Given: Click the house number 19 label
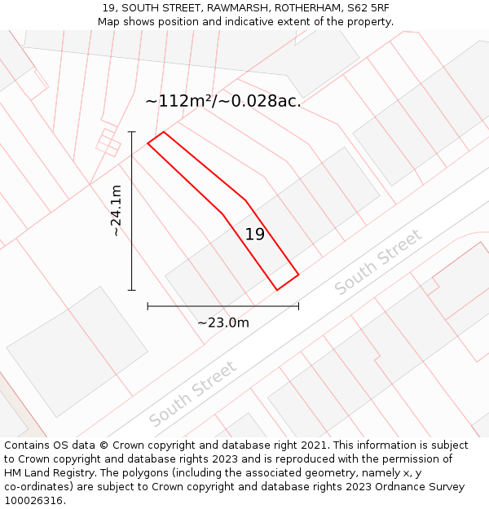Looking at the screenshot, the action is click(255, 235).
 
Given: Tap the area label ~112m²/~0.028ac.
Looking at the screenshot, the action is click(222, 101).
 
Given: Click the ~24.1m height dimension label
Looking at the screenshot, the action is click(117, 211).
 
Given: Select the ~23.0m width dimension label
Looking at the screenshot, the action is click(223, 323).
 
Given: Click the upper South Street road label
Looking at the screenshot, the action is click(378, 262).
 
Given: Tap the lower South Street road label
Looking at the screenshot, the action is click(193, 393).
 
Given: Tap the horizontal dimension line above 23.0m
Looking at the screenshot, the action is click(222, 306).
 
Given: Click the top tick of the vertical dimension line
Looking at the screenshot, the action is click(132, 132).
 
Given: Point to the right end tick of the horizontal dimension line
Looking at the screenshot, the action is click(298, 306).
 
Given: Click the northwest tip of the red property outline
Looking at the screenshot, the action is click(148, 143).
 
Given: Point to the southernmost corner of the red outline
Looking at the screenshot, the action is click(278, 290).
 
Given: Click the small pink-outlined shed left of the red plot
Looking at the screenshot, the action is click(108, 142).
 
